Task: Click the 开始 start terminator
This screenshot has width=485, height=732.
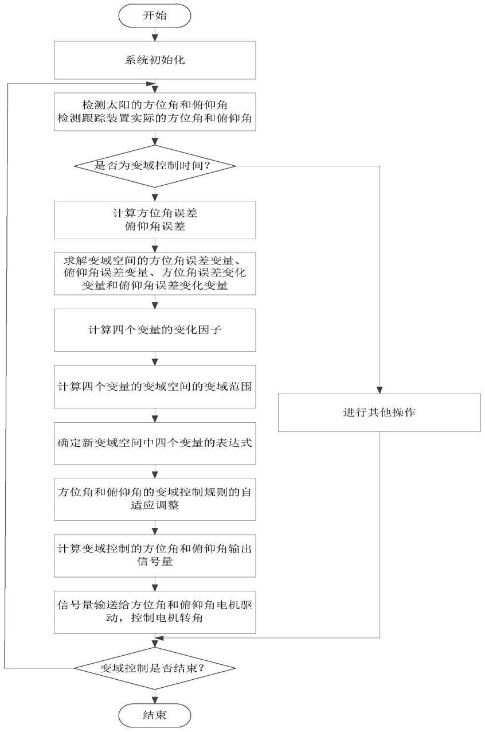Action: [x=154, y=15]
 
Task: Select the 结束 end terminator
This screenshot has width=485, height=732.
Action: [x=154, y=715]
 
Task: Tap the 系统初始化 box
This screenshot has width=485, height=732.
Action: [x=155, y=60]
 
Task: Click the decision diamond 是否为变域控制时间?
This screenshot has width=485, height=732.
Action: [x=155, y=166]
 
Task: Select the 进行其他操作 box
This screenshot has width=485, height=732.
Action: [x=380, y=412]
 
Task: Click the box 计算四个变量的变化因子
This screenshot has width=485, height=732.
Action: [x=155, y=330]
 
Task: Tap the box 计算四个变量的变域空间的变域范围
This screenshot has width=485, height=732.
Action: [x=155, y=387]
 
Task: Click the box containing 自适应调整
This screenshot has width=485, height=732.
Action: [x=155, y=499]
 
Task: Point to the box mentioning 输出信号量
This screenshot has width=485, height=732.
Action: [x=155, y=555]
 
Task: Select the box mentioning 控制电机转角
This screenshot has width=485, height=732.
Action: [x=155, y=612]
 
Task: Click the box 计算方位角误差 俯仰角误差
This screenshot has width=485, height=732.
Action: [x=155, y=220]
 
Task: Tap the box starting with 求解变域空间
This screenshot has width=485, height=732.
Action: [x=155, y=274]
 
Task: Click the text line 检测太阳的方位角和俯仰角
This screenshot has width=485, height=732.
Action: [x=154, y=105]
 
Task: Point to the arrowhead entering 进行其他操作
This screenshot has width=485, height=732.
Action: [x=380, y=390]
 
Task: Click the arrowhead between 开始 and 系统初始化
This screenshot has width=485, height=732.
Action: [x=155, y=38]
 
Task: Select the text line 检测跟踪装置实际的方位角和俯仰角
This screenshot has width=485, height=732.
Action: [x=154, y=118]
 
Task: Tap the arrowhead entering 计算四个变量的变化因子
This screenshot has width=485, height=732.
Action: [x=155, y=306]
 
